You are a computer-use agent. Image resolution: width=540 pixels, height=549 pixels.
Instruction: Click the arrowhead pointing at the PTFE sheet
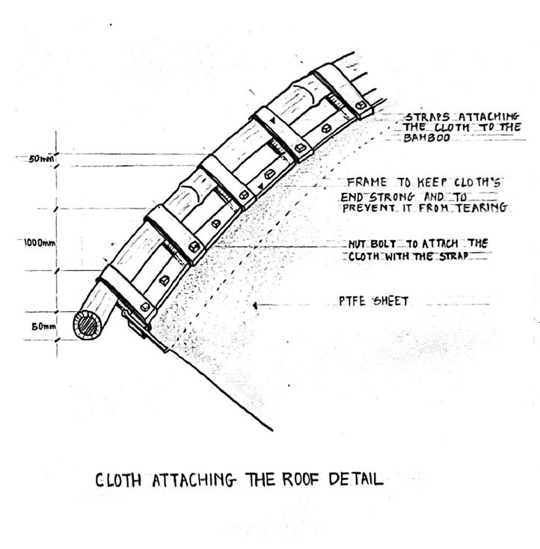(257, 304)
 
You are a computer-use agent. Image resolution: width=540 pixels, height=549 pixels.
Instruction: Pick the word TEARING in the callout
(482, 207)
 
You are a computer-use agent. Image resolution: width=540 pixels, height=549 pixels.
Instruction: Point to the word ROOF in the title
(299, 479)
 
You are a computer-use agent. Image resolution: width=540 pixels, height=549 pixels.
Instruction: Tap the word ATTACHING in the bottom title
(194, 480)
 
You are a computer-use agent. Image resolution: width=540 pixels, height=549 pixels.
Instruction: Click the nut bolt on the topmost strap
(361, 106)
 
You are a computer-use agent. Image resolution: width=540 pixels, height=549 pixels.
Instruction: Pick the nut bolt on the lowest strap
(144, 306)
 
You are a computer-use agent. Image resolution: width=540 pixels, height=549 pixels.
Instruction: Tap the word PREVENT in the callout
(368, 207)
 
